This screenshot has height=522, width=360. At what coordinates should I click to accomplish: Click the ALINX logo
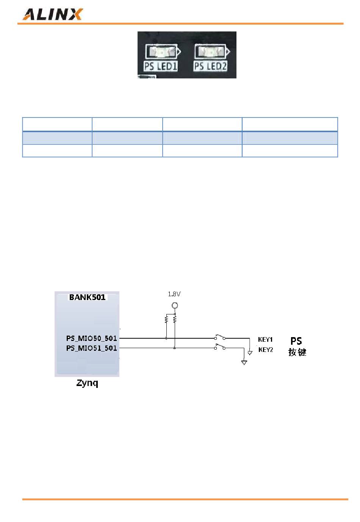pyautogui.click(x=52, y=14)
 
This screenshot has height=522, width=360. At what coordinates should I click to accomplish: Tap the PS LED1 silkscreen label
pyautogui.click(x=160, y=66)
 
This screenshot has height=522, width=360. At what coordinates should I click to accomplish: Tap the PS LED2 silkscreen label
pyautogui.click(x=210, y=66)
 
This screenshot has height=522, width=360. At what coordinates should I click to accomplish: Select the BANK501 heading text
pyautogui.click(x=87, y=297)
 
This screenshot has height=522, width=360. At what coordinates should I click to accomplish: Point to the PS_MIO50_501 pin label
pyautogui.click(x=91, y=338)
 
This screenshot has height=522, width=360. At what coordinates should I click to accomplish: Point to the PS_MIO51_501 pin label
pyautogui.click(x=91, y=348)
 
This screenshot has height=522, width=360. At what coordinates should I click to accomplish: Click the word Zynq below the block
pyautogui.click(x=87, y=383)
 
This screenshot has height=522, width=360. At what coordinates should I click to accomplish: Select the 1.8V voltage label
pyautogui.click(x=174, y=294)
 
